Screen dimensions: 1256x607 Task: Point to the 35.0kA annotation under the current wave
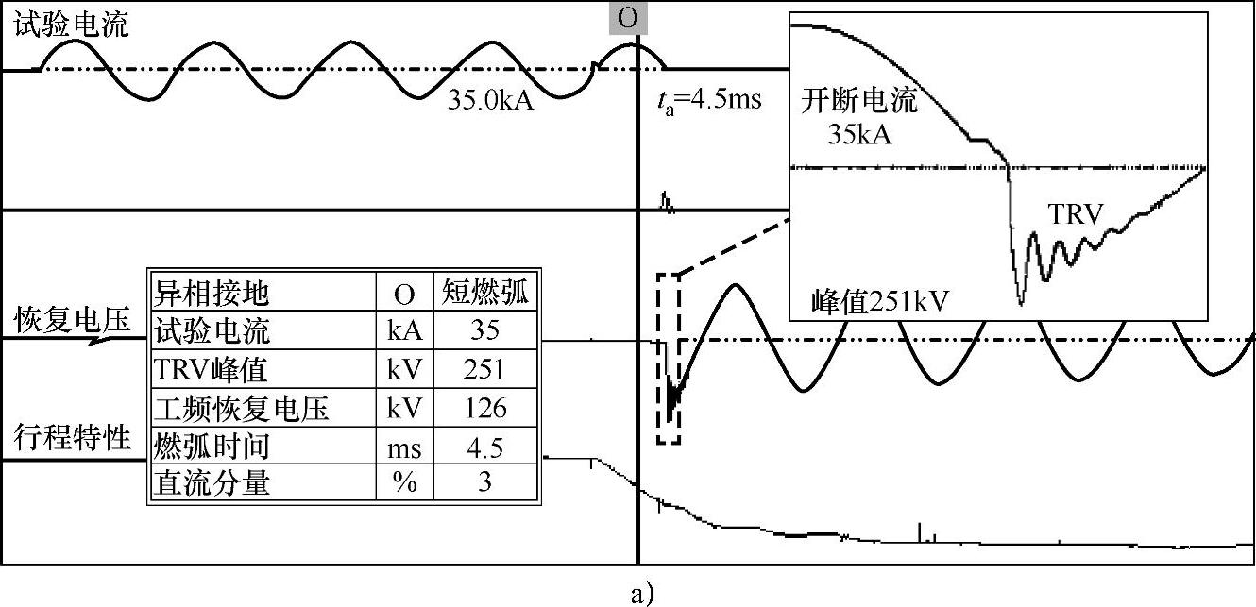point(490,99)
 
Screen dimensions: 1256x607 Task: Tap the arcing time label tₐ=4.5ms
point(708,99)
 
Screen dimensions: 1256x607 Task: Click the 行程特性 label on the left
point(72,438)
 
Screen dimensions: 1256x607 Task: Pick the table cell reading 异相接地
point(212,295)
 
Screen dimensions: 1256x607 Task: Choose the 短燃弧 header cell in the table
point(484,295)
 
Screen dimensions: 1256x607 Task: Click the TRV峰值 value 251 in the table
point(484,370)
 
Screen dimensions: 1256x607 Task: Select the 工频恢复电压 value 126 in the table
point(484,408)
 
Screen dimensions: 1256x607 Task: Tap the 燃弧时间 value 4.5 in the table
point(484,446)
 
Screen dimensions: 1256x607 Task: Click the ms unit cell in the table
point(404,446)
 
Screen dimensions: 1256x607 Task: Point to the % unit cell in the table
point(404,483)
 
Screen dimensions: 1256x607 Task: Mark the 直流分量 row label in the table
point(212,483)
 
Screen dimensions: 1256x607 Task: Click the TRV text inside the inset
point(1076,215)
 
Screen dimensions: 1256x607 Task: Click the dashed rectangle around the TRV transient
point(668,358)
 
